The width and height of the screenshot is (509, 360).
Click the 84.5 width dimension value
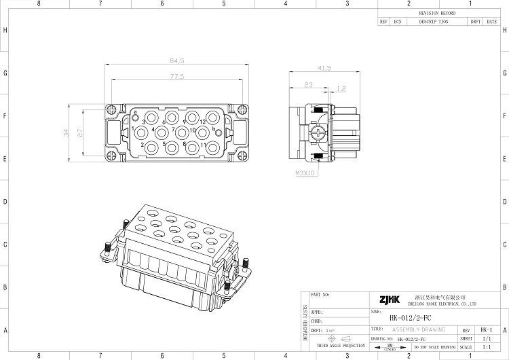(x=176, y=61)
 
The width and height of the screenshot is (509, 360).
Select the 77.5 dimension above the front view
(x=176, y=77)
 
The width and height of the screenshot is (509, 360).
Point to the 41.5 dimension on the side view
(x=324, y=68)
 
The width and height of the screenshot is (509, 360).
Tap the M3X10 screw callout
(x=305, y=173)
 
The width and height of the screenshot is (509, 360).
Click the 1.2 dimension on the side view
(x=341, y=88)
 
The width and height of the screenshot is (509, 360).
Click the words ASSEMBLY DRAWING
(x=419, y=329)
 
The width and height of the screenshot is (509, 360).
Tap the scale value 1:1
(x=485, y=347)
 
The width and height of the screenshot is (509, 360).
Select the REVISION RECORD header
(x=438, y=13)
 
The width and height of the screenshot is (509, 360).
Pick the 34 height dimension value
(x=66, y=133)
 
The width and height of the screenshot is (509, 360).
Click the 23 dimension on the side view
(x=309, y=85)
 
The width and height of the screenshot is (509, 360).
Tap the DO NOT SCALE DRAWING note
(x=434, y=347)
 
